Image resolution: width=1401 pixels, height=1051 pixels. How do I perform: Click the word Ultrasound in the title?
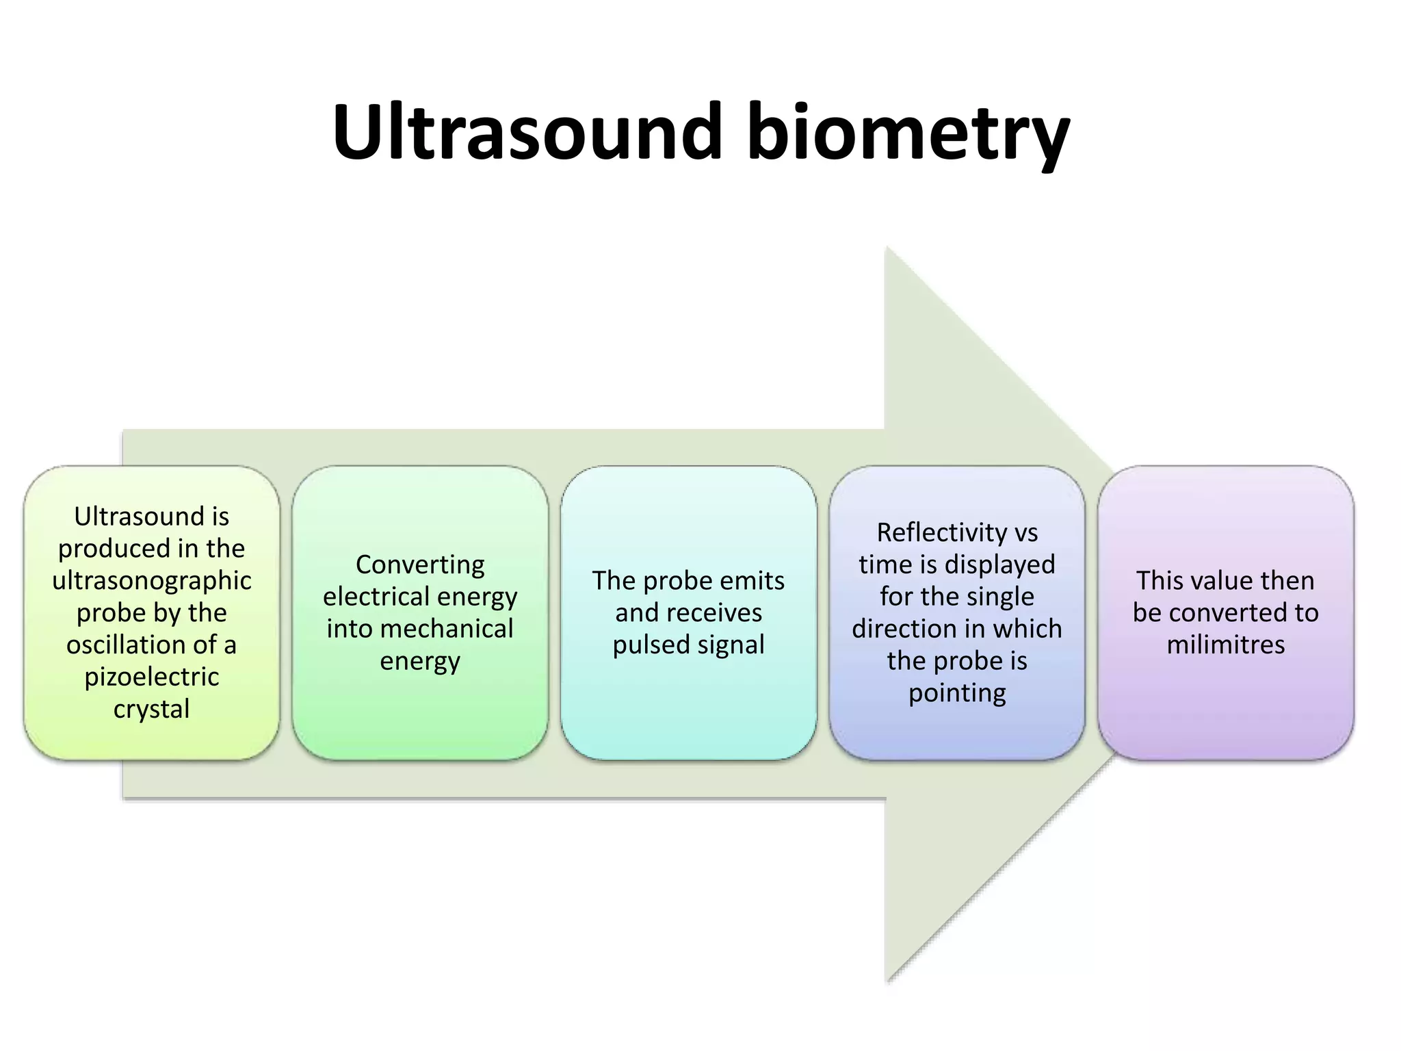point(527,131)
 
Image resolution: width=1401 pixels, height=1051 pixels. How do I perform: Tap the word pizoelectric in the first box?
point(152,677)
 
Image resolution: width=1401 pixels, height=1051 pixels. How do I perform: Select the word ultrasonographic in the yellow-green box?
point(152,581)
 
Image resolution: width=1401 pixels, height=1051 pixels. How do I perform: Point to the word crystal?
point(152,709)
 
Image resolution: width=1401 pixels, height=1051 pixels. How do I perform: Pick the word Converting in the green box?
point(420,565)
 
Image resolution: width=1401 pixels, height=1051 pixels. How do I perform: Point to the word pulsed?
point(644,645)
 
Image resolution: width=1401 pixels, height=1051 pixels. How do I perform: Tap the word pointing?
point(957,693)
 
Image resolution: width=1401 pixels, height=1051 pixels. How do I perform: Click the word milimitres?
point(1225,645)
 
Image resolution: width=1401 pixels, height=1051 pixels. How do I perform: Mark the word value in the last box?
point(1215,581)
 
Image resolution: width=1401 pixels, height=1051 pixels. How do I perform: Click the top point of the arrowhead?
point(887,248)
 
